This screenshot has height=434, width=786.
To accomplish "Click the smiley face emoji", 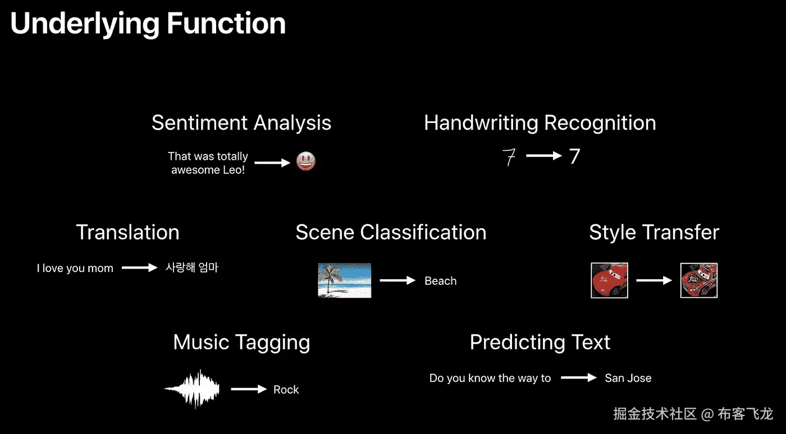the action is pos(305,161).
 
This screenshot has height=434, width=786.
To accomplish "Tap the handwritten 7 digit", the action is pos(509,156).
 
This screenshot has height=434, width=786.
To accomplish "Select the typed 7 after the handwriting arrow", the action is pos(574,156).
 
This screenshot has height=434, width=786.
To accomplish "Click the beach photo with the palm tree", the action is pos(344,280).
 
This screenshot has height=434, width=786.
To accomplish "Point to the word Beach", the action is pos(440,281).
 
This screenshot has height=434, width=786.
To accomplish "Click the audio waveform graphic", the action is pos(192,389).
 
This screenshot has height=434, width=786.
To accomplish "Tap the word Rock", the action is pos(286,390).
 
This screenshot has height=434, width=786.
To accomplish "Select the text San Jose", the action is pos(628,378).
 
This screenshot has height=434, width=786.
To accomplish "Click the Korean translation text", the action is pos(192,267).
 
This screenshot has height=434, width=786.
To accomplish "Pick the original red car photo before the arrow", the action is pos(610,280).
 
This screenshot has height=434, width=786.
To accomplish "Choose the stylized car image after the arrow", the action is pos(699,280).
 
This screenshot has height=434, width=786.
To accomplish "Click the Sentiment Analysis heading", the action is pos(241,123).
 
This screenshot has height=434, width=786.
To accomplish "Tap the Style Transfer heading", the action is pos(654,232).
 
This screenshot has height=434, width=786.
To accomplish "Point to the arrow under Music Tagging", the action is pos(249,389).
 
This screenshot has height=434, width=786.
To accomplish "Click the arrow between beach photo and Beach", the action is pos(397,280).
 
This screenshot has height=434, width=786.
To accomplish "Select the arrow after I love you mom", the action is pos(140,268).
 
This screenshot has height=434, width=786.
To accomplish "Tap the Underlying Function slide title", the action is pos(148,24).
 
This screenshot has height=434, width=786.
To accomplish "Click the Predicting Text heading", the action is pos(540,342).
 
